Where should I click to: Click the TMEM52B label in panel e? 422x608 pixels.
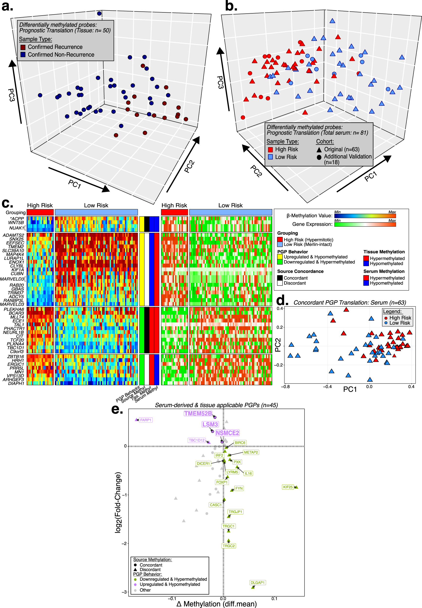[x=198, y=413]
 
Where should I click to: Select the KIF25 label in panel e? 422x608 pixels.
[x=288, y=487]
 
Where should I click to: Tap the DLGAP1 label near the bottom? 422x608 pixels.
[x=257, y=583]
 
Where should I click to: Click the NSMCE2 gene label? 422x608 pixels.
[x=227, y=433]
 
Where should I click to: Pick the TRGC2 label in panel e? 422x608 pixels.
[x=228, y=546]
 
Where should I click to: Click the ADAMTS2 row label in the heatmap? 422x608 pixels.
[x=13, y=235]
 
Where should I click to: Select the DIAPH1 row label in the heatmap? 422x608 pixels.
[x=16, y=384]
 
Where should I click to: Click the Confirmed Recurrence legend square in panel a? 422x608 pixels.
[x=23, y=47]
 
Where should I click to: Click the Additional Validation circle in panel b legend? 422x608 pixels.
[x=319, y=157]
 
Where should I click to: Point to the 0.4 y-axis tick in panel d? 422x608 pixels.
[x=280, y=309]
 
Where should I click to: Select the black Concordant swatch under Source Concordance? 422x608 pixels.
[x=280, y=278]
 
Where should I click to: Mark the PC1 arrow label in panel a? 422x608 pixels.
[x=75, y=184]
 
